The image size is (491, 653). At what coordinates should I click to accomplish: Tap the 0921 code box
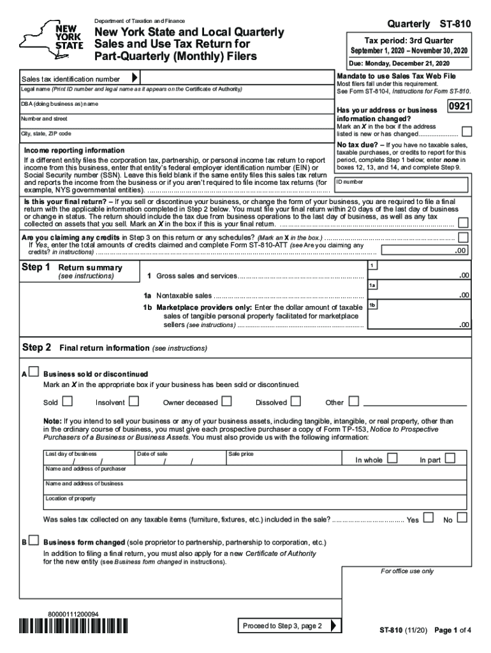pyautogui.click(x=460, y=107)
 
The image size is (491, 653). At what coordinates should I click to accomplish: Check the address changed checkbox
pyautogui.click(x=467, y=131)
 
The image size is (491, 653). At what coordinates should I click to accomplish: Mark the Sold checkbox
pyautogui.click(x=67, y=401)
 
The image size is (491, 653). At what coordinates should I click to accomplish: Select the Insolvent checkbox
pyautogui.click(x=134, y=401)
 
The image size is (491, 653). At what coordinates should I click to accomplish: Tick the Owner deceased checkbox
pyautogui.click(x=226, y=401)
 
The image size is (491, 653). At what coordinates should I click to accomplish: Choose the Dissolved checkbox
pyautogui.click(x=296, y=401)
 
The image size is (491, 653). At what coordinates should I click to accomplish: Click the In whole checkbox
pyautogui.click(x=393, y=458)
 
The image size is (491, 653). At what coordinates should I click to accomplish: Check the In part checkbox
pyautogui.click(x=450, y=458)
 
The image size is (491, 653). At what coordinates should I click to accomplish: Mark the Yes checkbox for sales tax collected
pyautogui.click(x=429, y=517)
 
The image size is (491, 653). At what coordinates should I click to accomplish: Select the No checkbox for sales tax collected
pyautogui.click(x=462, y=517)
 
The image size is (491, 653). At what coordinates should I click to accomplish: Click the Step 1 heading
pyautogui.click(x=36, y=267)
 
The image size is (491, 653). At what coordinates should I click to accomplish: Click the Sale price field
pyautogui.click(x=281, y=459)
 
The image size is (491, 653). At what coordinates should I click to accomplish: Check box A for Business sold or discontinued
pyautogui.click(x=33, y=372)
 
